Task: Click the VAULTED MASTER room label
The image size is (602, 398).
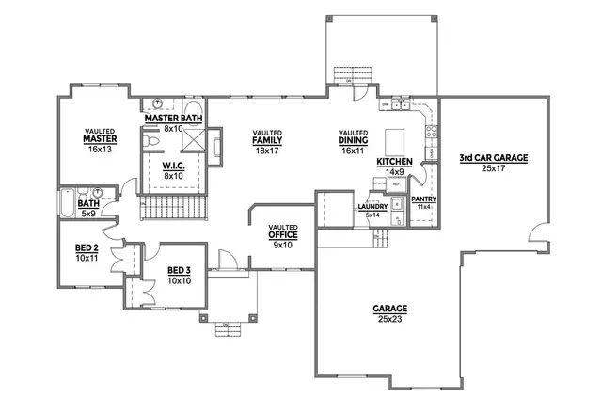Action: click(x=100, y=139)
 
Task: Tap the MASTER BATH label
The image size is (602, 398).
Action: click(x=172, y=119)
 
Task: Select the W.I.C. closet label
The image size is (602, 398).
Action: click(x=172, y=167)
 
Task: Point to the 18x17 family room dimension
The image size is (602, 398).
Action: click(x=267, y=150)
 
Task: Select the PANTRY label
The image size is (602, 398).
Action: click(x=424, y=199)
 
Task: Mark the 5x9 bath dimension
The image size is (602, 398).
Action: click(x=88, y=212)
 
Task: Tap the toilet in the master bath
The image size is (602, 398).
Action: click(x=150, y=139)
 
